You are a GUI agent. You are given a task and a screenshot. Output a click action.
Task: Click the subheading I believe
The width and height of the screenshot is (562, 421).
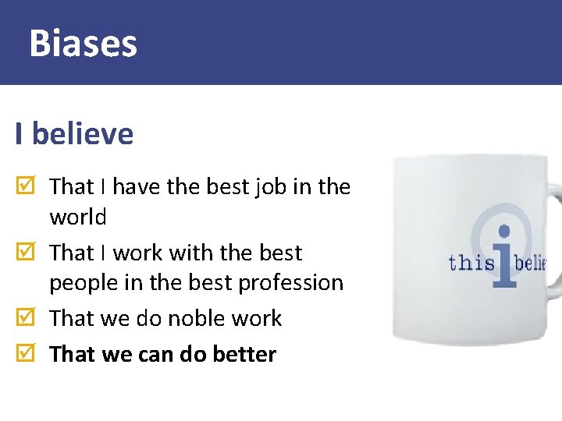point(74,134)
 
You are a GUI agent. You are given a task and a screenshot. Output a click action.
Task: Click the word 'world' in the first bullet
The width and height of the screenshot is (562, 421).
point(78,218)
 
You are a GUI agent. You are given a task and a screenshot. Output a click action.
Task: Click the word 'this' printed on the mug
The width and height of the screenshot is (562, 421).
point(471,263)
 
